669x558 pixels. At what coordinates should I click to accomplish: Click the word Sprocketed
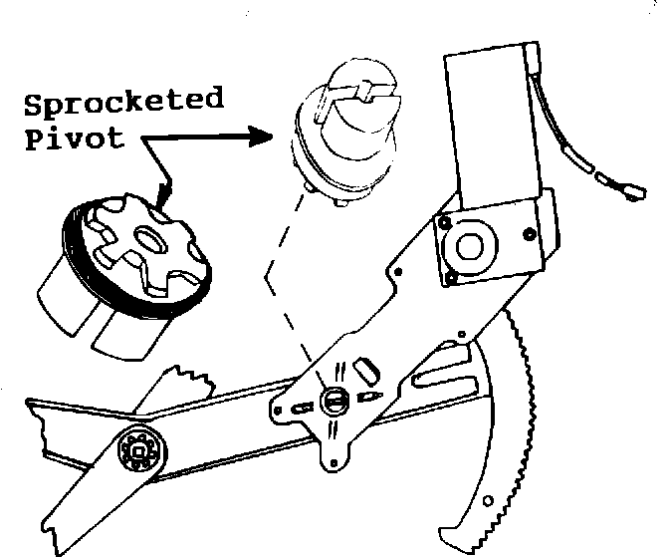tap(121, 103)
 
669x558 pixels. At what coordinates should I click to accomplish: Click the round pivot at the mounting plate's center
tap(334, 400)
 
